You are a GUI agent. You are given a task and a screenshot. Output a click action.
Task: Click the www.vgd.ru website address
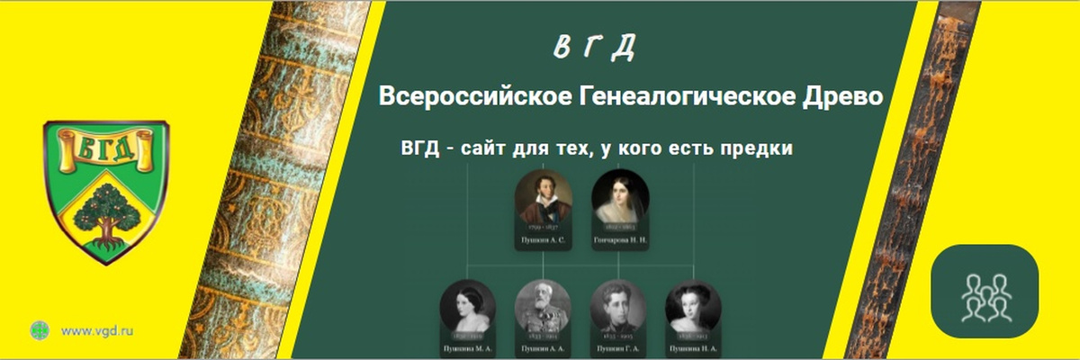[x=97, y=330]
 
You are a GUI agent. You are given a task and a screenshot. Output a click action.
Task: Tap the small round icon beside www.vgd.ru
[x=40, y=330]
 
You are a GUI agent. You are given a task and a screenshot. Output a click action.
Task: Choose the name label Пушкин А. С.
[x=544, y=242]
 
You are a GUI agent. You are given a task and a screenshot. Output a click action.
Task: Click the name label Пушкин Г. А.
[x=619, y=347]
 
